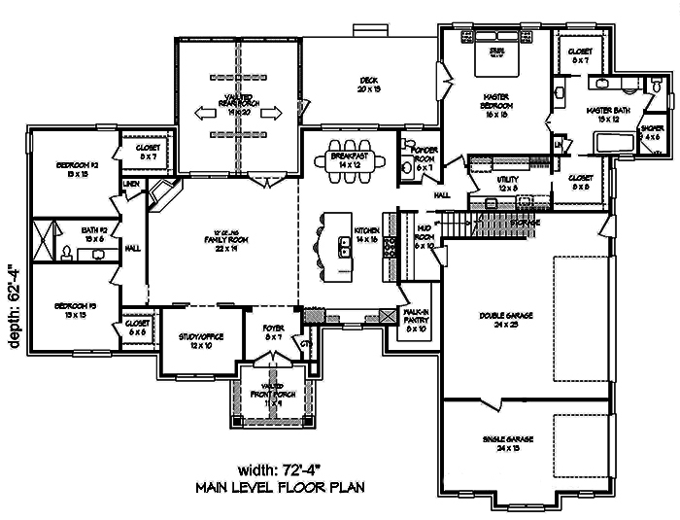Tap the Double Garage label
499,320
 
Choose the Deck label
368,85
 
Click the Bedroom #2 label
73,171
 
